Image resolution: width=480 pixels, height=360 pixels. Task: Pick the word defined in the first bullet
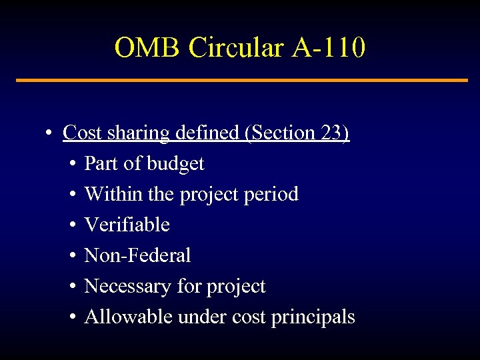(209, 133)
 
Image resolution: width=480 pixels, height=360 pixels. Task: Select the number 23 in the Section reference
(331, 133)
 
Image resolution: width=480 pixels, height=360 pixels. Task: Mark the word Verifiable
(127, 225)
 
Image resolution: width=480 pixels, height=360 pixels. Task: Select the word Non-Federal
(137, 255)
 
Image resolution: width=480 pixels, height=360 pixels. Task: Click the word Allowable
(129, 317)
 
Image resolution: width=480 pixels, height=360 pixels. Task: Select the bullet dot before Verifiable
(72, 225)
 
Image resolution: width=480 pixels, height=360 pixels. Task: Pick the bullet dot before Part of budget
(72, 164)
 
